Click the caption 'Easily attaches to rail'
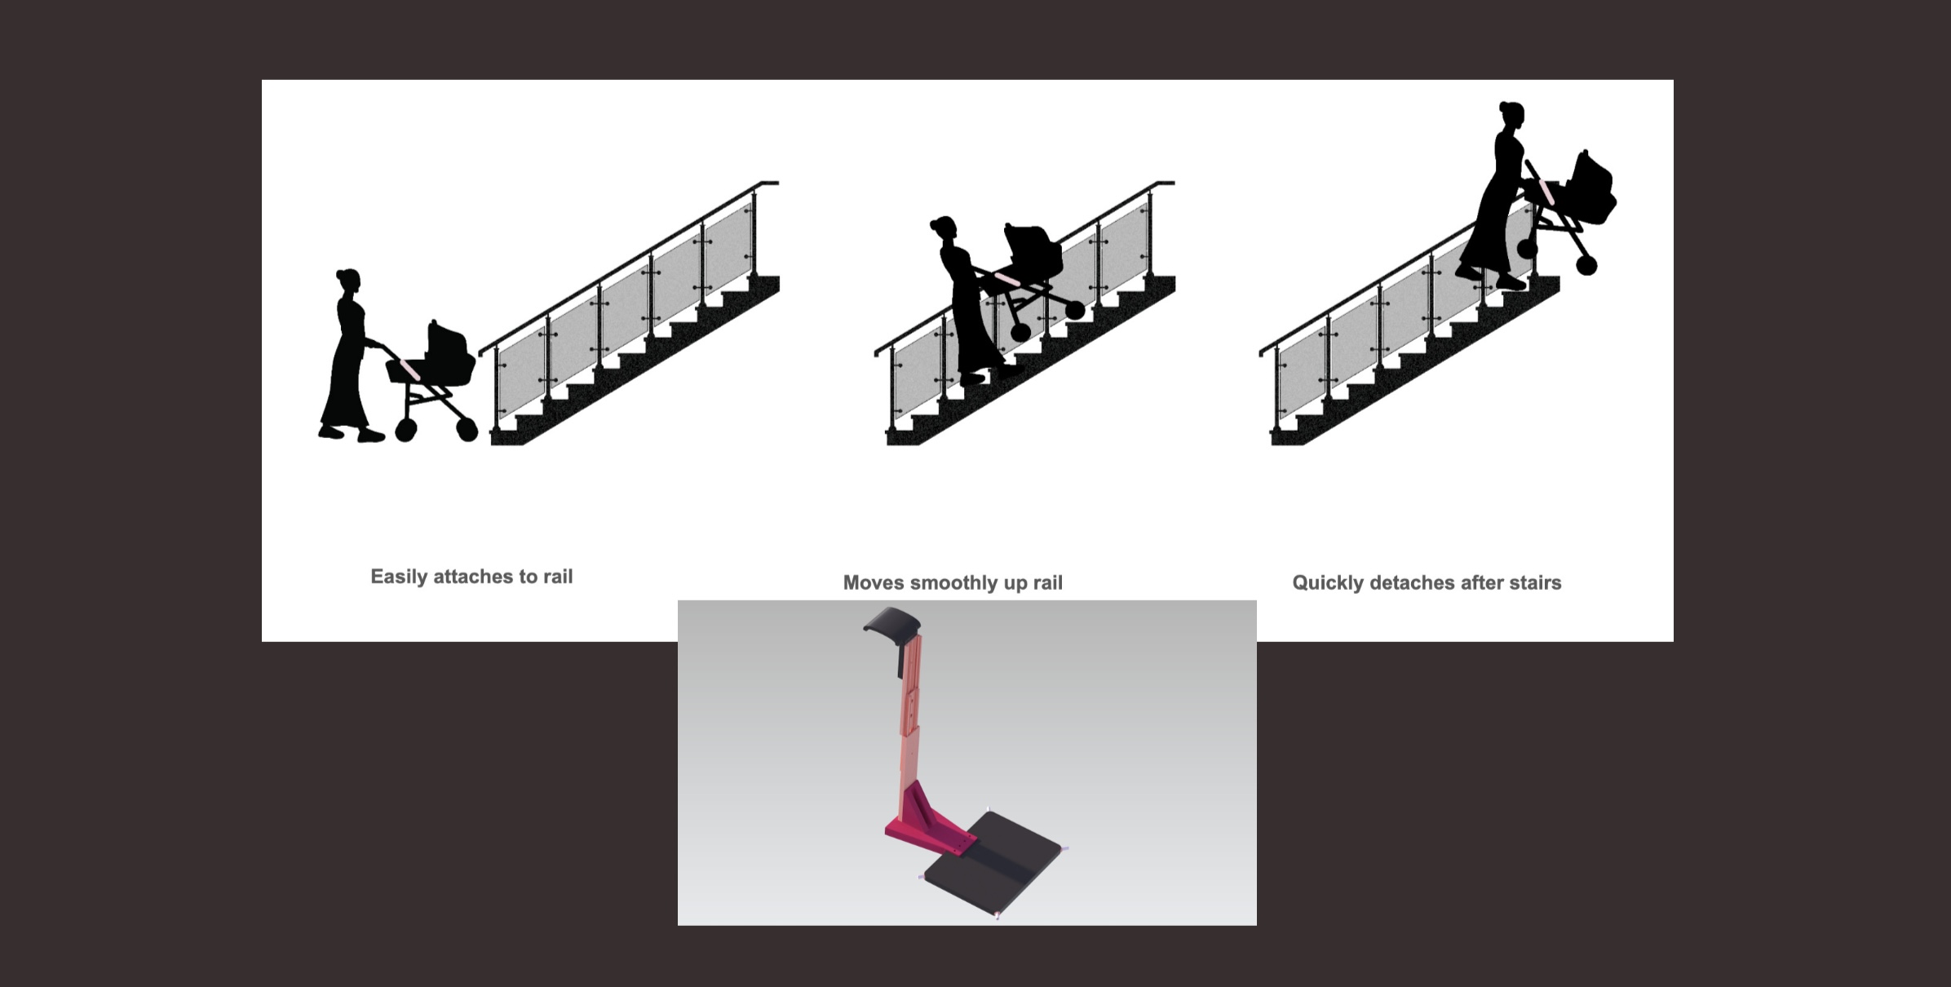point(471,577)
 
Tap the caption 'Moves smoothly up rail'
point(953,582)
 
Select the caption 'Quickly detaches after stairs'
point(1427,582)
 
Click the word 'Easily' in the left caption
point(399,577)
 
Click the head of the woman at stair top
point(1511,116)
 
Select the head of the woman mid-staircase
point(944,232)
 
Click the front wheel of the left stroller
point(467,429)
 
